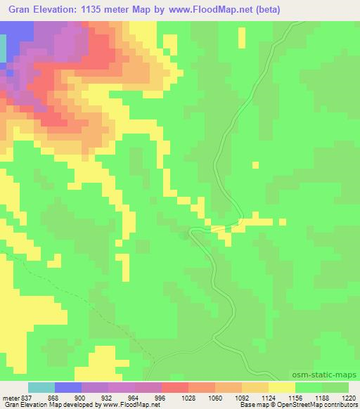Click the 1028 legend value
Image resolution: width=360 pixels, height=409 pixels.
click(x=175, y=397)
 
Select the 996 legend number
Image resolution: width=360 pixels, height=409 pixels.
click(x=148, y=397)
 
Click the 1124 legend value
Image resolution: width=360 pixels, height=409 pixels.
click(x=255, y=397)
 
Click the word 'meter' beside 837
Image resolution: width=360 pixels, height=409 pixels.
click(x=10, y=397)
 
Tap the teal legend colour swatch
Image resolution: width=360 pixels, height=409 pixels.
click(x=41, y=387)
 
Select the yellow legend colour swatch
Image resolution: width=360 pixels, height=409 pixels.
click(x=282, y=387)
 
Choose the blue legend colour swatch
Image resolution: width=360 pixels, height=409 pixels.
click(x=67, y=387)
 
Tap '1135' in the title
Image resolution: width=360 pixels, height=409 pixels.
click(x=106, y=11)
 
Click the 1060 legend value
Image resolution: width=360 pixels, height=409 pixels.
click(x=202, y=397)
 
